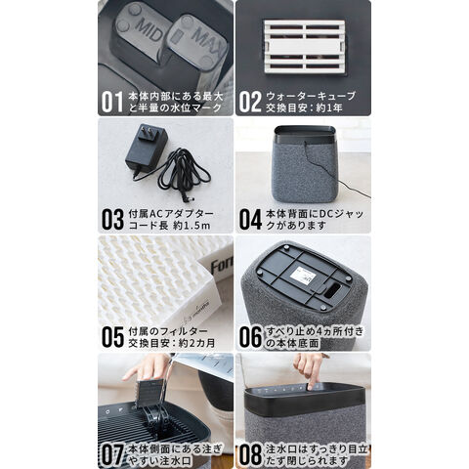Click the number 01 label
pos(112,102)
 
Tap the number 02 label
pos(250,102)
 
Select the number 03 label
pos(112,220)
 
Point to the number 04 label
pos(250,220)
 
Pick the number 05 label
pos(112,337)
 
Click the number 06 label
pos(250,337)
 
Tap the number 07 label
pos(112,454)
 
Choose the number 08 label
pos(250,454)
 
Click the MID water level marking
pos(149,28)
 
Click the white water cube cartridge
pos(304,47)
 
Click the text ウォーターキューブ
pos(311,96)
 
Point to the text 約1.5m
pos(192,226)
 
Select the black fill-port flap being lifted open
pos(150,394)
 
